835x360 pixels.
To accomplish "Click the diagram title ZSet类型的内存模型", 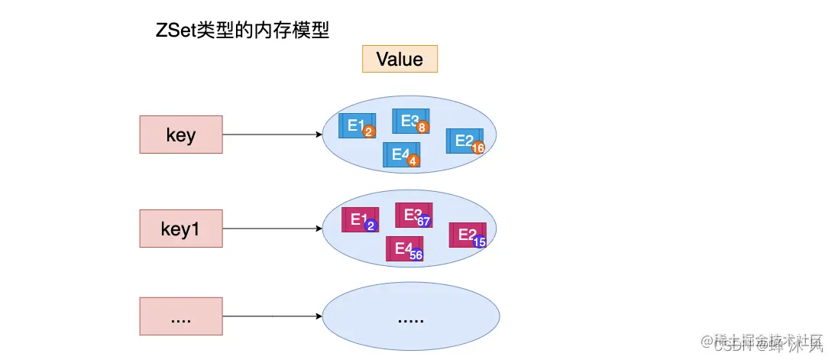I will pyautogui.click(x=242, y=31).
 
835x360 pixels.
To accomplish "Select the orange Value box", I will pyautogui.click(x=400, y=60).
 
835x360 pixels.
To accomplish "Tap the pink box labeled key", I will pyautogui.click(x=181, y=135).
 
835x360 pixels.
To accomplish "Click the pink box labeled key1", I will pyautogui.click(x=181, y=229).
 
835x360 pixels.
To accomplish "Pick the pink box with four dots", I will pyautogui.click(x=181, y=316).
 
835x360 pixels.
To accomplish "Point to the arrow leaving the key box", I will pyautogui.click(x=272, y=135).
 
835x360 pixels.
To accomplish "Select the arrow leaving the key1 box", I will pyautogui.click(x=272, y=229).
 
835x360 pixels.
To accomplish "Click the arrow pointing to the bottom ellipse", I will pyautogui.click(x=272, y=316).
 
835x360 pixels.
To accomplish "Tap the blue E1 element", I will pyautogui.click(x=355, y=126).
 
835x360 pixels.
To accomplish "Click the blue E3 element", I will pyautogui.click(x=409, y=121).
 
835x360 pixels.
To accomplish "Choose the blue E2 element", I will pyautogui.click(x=464, y=141).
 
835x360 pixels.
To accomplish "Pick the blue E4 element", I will pyautogui.click(x=400, y=154).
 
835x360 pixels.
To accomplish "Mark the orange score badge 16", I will pyautogui.click(x=479, y=148).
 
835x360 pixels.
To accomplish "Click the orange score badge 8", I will pyautogui.click(x=422, y=128).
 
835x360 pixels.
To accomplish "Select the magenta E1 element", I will pyautogui.click(x=359, y=219).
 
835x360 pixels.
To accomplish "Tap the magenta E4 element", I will pyautogui.click(x=403, y=248).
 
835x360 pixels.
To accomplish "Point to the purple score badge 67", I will pyautogui.click(x=425, y=222).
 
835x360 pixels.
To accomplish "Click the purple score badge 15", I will pyautogui.click(x=480, y=242).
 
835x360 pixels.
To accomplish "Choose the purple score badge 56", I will pyautogui.click(x=416, y=255).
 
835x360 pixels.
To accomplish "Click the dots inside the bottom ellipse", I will pyautogui.click(x=410, y=318).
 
